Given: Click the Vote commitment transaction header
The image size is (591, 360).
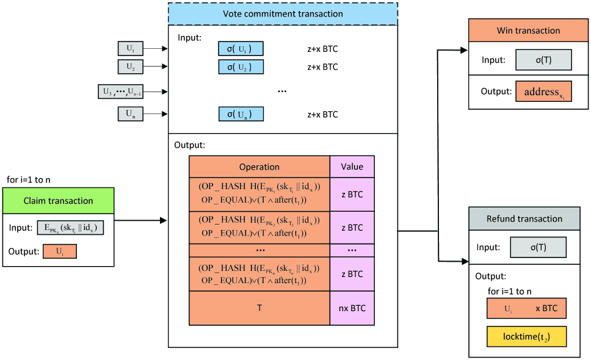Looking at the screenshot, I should point(282,13).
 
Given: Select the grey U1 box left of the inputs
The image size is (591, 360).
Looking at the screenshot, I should point(130,49).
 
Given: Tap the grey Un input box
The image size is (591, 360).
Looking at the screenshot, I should point(130,113).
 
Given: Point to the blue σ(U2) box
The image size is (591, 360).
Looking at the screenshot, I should point(241,67).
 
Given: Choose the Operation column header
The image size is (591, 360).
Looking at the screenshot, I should point(259,167).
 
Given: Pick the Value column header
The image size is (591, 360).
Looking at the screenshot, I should point(352,167).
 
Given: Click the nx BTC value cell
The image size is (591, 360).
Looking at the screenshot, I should point(352,308).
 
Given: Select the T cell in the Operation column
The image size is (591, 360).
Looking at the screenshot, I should point(259,308).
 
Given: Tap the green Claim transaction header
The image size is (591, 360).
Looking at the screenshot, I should point(58,200).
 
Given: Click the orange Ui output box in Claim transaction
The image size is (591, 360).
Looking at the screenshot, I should point(60,251).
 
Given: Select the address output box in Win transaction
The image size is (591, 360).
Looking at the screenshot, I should point(543,92).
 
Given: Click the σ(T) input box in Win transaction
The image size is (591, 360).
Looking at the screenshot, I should point(543,60).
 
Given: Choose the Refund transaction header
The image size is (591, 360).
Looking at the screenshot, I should point(524,218).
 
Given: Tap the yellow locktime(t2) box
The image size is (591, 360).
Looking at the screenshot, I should point(526,336).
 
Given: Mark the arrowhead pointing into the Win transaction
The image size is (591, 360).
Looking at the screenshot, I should point(464,51).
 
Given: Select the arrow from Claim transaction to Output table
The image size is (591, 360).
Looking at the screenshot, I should point(140,220).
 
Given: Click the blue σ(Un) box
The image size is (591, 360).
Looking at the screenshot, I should point(241,114).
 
